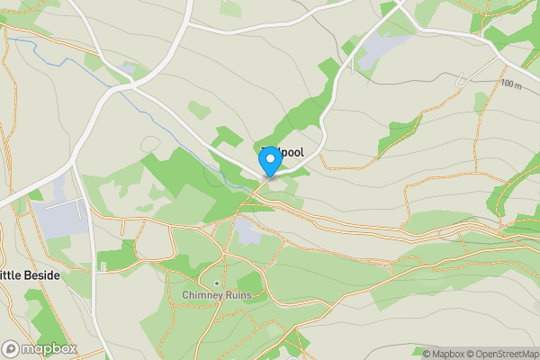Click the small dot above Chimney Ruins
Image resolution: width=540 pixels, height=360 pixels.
point(216,269)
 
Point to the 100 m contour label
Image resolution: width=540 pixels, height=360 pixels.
point(511,84)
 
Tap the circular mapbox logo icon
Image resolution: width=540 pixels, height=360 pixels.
point(11,349)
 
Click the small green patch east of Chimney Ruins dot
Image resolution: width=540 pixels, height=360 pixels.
point(249,284)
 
